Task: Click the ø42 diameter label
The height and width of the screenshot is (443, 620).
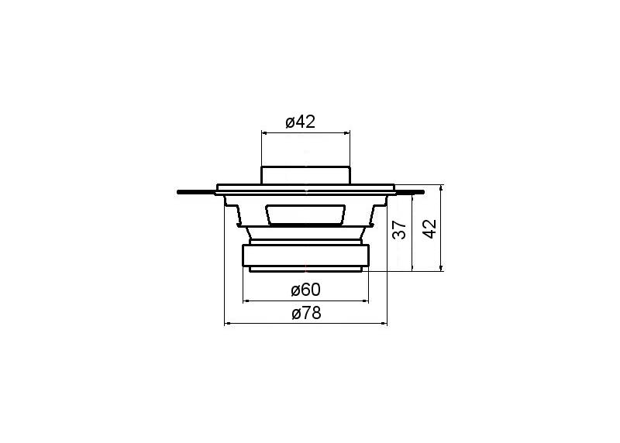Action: click(x=301, y=122)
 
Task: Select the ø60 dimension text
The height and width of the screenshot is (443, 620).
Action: click(x=305, y=290)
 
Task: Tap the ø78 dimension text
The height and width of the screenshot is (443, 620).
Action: click(x=306, y=314)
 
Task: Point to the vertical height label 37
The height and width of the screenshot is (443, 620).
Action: click(x=399, y=229)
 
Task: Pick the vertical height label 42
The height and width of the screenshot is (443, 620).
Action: click(x=429, y=228)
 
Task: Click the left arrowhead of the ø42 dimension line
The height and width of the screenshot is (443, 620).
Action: click(x=264, y=132)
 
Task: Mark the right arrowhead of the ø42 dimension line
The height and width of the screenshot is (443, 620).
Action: click(x=347, y=132)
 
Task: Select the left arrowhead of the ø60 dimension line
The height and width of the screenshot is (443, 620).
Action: click(x=246, y=301)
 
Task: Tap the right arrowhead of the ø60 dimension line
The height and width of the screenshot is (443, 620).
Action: click(x=365, y=301)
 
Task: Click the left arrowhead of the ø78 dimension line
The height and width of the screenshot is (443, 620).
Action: click(x=227, y=324)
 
